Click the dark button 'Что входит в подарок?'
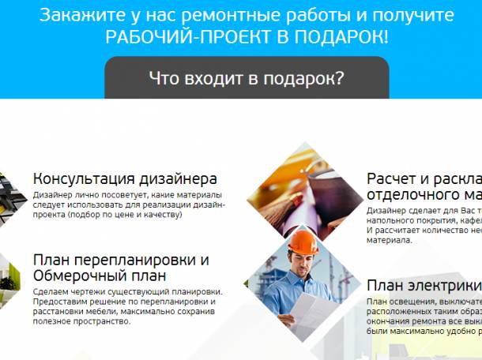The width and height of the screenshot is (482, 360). tap(246, 78)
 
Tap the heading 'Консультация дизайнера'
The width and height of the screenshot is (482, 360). tap(125, 179)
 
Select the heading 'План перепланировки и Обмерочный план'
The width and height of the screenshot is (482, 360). tap(121, 268)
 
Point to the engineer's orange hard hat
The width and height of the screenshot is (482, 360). tap(304, 239)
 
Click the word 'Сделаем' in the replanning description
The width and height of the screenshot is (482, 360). tap(51, 291)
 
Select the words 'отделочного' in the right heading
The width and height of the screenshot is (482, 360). tap(411, 195)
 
